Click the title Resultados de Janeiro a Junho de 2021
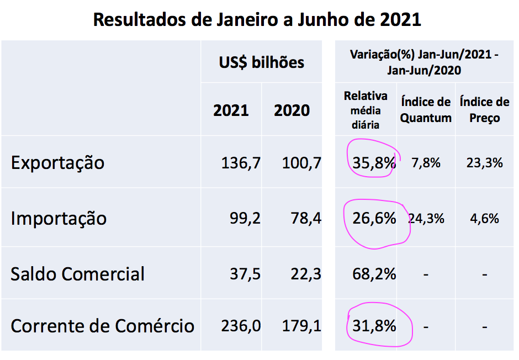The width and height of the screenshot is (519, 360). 257,19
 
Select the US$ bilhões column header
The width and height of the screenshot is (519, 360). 261,62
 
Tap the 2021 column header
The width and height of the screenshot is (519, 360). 231,110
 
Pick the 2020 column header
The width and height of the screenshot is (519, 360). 292,110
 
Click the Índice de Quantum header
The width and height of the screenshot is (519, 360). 426,110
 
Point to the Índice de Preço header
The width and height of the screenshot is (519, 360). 484,110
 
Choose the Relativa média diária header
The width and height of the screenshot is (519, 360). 366,110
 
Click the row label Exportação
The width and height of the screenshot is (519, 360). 57,163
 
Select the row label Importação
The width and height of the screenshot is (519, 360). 59,218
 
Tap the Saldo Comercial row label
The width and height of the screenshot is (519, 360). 77,274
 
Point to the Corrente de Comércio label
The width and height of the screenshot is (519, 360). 102,326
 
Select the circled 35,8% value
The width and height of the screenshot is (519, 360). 374,163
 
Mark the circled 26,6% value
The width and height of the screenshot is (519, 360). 374,219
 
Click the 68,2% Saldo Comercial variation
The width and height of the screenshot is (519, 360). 374,274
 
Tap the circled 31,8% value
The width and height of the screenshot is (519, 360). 374,326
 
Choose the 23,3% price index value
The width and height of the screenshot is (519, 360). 484,163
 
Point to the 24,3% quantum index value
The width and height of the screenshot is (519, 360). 427,219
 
